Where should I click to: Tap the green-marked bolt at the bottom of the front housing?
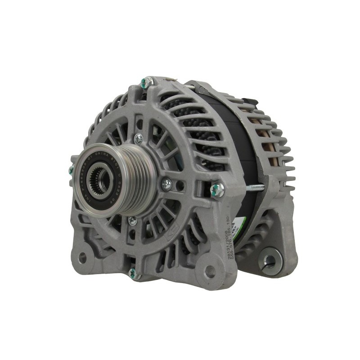pos(132,272)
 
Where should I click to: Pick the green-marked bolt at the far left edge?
pos(71,170)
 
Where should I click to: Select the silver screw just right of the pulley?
pos(166,183)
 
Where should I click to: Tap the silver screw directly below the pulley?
pos(132,220)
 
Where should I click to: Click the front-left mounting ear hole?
pos(82,257)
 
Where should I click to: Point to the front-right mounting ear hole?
pos(209,271)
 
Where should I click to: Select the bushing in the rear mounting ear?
pos(269,260)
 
